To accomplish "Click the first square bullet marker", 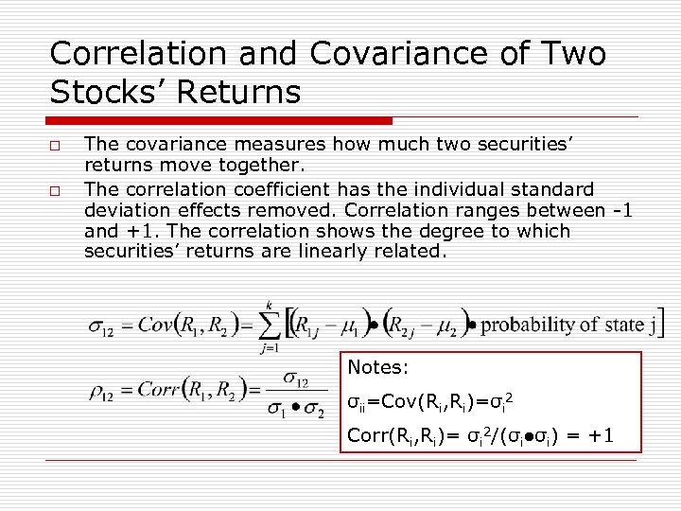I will point(56,146).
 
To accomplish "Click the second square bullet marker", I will point(56,190).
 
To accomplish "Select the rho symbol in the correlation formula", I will point(100,389).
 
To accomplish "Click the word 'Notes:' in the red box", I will point(377,367).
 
